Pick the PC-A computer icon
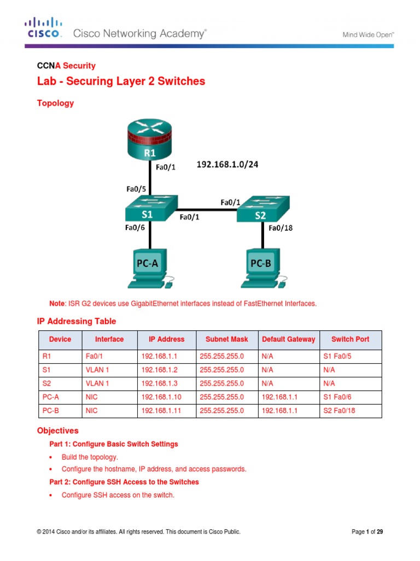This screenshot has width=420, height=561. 148,267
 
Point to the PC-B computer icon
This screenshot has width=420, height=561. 262,267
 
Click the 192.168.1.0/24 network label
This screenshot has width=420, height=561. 227,164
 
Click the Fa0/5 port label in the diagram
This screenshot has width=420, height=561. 136,188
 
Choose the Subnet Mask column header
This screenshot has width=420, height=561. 224,339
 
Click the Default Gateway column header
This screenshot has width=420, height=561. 288,339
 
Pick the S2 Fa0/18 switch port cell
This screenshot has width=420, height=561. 339,409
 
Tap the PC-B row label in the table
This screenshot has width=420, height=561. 50,409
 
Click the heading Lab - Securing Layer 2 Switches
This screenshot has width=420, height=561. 121,82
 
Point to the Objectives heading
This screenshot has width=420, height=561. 57,431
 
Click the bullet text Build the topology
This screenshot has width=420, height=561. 90,456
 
